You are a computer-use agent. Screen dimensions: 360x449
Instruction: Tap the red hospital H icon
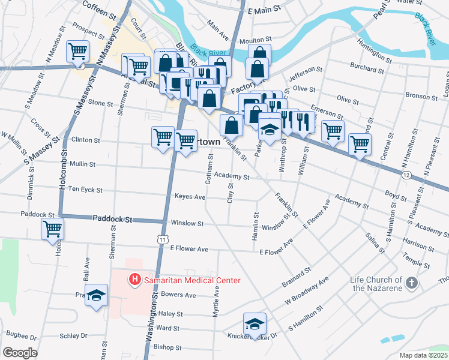[134, 280]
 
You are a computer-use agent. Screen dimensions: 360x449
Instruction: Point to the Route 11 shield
[163, 239]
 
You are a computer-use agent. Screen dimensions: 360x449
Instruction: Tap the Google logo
[20, 353]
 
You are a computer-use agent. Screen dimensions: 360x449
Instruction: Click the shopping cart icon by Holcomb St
[53, 228]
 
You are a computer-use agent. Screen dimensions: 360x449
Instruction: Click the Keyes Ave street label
[190, 197]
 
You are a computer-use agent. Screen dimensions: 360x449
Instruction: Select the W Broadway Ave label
[307, 291]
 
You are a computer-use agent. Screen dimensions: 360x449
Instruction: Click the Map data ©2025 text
[423, 355]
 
